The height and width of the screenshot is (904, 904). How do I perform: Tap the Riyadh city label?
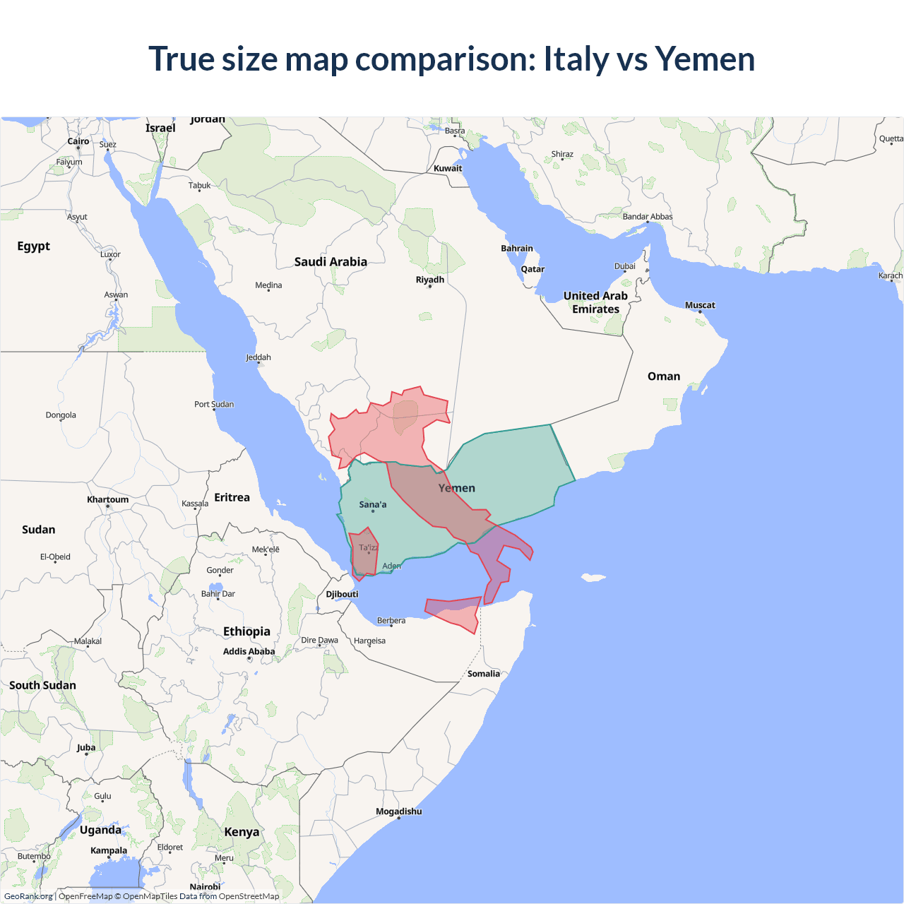point(430,280)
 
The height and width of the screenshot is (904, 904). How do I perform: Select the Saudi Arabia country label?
point(331,262)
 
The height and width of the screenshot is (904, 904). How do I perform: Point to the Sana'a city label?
point(372,504)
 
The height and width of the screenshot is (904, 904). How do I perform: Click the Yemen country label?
point(456,488)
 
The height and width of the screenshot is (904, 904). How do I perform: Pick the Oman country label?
point(664,376)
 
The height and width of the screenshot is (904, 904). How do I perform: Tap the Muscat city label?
point(700,305)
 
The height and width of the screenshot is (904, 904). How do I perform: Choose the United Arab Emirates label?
point(595,302)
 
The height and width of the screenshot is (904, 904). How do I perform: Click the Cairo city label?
point(78,141)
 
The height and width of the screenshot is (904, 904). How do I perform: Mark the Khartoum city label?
point(108,499)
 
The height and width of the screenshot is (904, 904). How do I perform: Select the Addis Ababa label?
point(249,651)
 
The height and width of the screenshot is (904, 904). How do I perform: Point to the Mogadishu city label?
point(399,811)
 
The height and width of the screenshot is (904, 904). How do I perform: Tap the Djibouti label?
point(342,594)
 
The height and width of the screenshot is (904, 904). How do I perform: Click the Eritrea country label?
point(232,497)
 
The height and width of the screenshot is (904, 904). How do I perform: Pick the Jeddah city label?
point(258,357)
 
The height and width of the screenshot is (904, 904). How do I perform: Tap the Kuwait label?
point(448,168)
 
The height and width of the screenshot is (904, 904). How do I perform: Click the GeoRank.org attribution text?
point(28,896)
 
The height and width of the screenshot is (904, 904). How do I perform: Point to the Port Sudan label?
point(214,404)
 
